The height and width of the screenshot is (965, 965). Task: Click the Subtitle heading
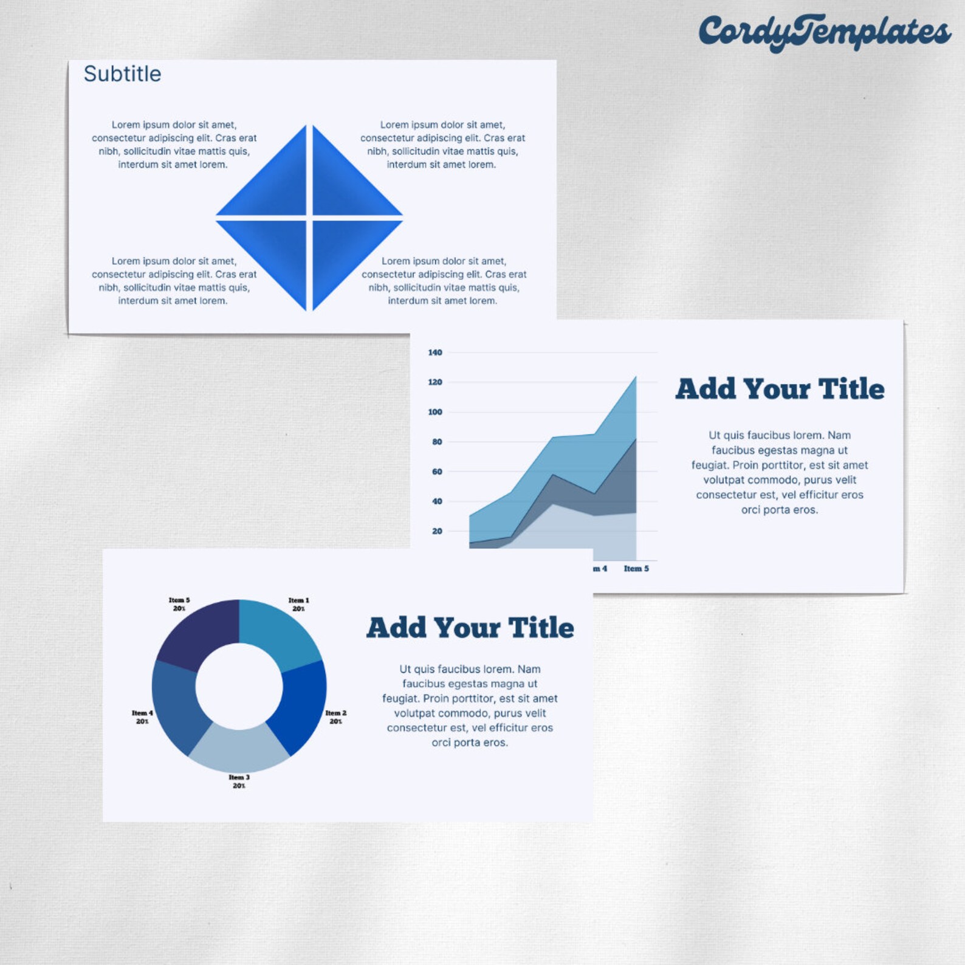pyautogui.click(x=122, y=74)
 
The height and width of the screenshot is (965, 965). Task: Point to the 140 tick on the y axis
pyautogui.click(x=435, y=352)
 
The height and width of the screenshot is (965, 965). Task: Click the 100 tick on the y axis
pyautogui.click(x=435, y=412)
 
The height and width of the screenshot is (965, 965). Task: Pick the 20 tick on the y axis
pyautogui.click(x=437, y=531)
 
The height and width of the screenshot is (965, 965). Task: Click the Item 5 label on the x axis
pyautogui.click(x=636, y=569)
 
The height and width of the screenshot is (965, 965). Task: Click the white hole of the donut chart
pyautogui.click(x=239, y=686)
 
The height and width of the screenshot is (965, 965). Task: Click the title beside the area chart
pyautogui.click(x=780, y=389)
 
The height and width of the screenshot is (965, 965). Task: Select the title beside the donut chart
pyautogui.click(x=470, y=628)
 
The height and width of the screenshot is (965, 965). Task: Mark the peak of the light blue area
pyautogui.click(x=636, y=377)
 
